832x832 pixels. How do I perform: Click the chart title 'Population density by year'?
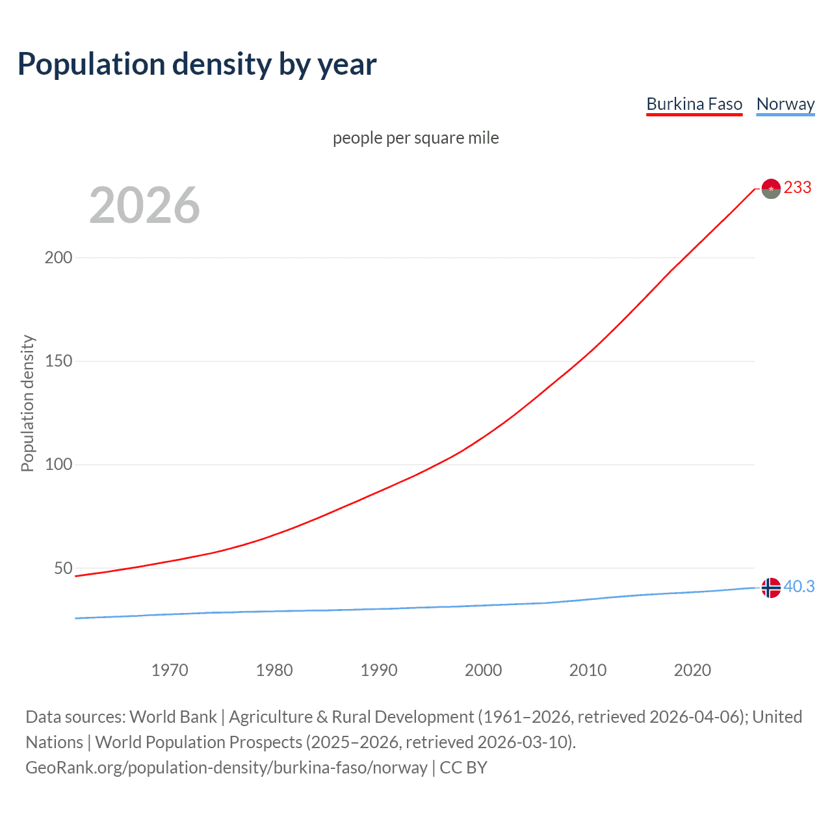point(197,64)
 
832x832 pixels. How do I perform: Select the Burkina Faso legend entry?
point(694,104)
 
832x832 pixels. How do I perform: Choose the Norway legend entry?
point(785,104)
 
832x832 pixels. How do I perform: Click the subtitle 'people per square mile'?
point(415,138)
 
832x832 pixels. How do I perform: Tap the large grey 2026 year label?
point(144,205)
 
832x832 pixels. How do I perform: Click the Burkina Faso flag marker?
point(771,188)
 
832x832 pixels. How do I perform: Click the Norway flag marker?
point(771,588)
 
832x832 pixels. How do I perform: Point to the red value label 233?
point(798,188)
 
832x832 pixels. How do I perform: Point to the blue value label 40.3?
point(799,587)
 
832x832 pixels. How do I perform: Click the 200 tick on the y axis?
point(58,257)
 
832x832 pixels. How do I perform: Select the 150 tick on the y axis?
point(58,361)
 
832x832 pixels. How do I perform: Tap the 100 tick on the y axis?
point(58,465)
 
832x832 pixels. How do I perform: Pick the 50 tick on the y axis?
point(63,568)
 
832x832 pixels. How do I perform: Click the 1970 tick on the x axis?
point(170,670)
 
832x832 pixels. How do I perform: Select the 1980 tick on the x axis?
point(274,670)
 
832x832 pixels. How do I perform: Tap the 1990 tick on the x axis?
point(379,670)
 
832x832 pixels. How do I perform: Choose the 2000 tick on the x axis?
point(483,670)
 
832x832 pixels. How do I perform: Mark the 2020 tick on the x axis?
point(692,670)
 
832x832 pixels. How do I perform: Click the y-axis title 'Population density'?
point(27,403)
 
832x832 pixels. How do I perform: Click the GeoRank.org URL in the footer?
point(226,768)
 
